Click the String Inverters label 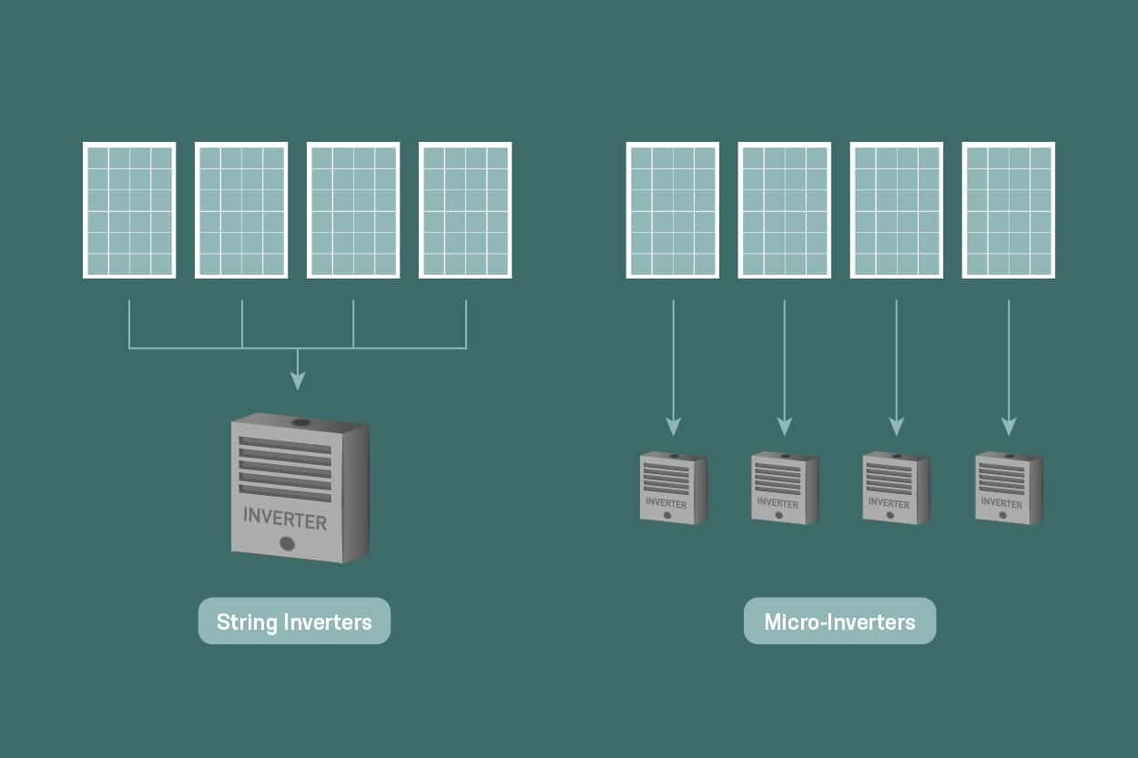(x=294, y=622)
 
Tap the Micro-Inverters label (x=839, y=622)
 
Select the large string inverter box (x=299, y=489)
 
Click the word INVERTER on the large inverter (x=285, y=520)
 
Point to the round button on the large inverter (x=287, y=544)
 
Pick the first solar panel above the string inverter (x=129, y=210)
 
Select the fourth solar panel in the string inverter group (x=465, y=210)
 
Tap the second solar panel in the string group (x=241, y=210)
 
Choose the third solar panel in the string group (x=353, y=210)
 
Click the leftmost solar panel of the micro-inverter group (x=673, y=210)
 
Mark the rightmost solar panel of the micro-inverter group (x=1009, y=210)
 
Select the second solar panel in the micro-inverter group (x=785, y=210)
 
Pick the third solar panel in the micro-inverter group (x=897, y=210)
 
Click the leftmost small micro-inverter (x=673, y=489)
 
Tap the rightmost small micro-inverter (x=1008, y=489)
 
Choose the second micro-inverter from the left (x=785, y=489)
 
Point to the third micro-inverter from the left (x=896, y=489)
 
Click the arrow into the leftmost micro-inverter (x=673, y=425)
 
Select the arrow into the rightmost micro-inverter (x=1009, y=425)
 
